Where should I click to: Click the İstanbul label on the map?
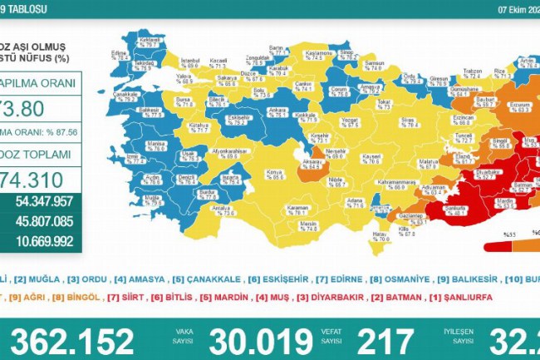pos(189,62)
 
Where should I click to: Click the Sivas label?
pos(385,120)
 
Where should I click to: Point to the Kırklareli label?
pos(150,42)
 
